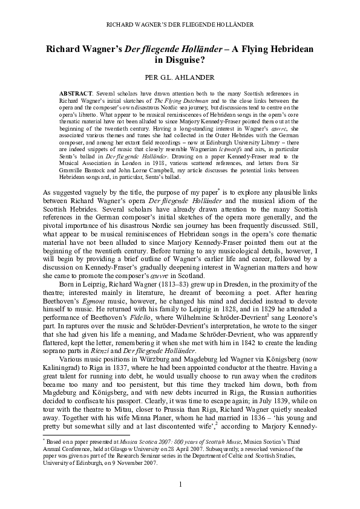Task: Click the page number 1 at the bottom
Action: pyautogui.click(x=180, y=484)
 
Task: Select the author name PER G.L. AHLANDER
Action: pyautogui.click(x=180, y=78)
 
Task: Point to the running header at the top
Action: pyautogui.click(x=180, y=24)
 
